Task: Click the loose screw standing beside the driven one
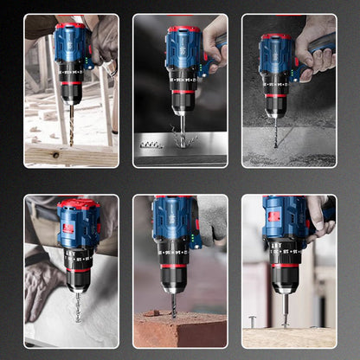point(252,321)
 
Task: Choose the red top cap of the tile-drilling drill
point(79,205)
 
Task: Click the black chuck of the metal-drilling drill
point(182,102)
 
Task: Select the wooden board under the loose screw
point(288,337)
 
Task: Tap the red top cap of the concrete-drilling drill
point(276,37)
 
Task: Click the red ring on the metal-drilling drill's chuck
point(183,91)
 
